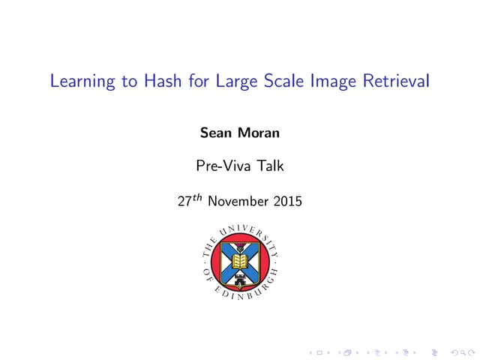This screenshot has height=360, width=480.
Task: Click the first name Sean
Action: (x=215, y=133)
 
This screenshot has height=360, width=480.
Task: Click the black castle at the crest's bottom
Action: (x=240, y=279)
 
